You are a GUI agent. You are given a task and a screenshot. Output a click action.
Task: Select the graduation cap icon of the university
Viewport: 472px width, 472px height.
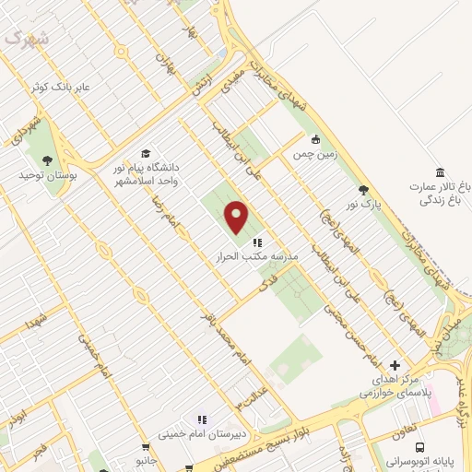[x=145, y=153]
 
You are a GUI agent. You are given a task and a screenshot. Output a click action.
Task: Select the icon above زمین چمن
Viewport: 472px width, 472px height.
[x=316, y=140]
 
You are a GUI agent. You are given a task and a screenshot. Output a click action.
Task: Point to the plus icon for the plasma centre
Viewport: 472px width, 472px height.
[x=395, y=365]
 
